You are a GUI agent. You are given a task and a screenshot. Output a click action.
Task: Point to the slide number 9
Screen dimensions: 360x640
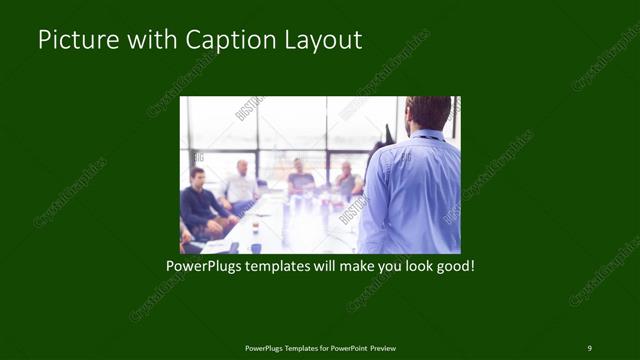589,347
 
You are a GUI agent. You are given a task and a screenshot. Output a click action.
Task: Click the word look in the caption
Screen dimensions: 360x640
414,267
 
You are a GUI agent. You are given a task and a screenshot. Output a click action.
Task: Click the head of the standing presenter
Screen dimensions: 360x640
429,113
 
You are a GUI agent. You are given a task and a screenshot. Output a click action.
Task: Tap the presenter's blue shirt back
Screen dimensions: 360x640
412,190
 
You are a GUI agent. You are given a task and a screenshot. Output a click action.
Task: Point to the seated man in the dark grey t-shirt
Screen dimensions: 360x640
300,180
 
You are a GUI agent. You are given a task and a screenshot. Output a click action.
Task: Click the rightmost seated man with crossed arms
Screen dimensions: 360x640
346,182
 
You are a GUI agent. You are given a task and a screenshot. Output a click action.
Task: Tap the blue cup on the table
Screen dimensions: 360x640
255,246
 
